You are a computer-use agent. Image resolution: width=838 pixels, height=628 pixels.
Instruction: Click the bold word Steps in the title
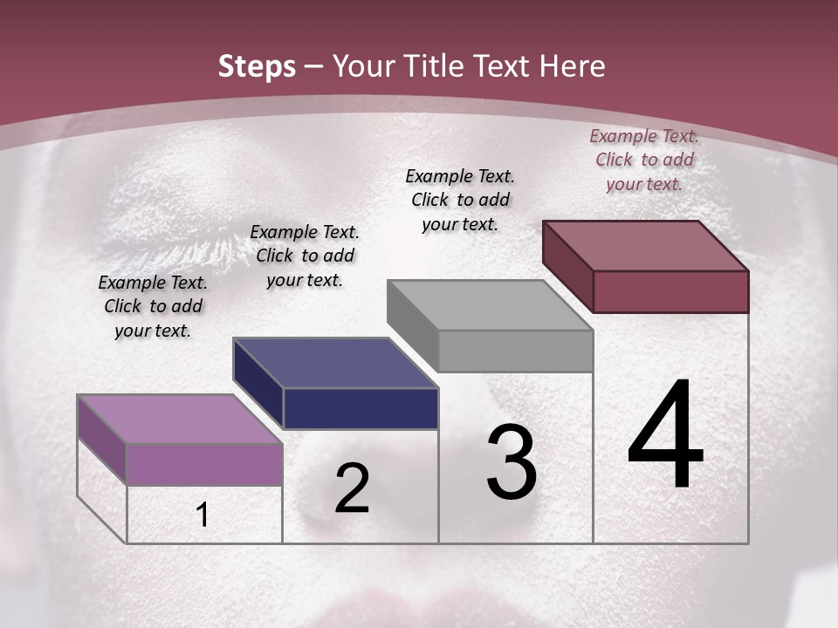click(x=257, y=66)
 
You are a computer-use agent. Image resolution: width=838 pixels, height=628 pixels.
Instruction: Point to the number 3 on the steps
click(x=512, y=462)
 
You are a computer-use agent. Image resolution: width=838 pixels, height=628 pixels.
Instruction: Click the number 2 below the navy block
click(x=352, y=489)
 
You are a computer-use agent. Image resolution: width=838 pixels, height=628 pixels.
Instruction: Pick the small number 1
click(x=203, y=515)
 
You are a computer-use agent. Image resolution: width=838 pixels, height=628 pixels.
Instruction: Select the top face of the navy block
click(x=335, y=363)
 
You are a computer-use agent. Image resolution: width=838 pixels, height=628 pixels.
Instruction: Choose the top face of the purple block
click(x=180, y=419)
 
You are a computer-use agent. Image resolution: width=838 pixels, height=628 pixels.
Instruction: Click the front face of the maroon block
click(x=670, y=291)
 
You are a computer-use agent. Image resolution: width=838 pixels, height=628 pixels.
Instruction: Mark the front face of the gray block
click(x=515, y=351)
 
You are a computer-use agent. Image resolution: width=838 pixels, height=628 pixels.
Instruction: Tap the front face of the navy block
click(x=360, y=408)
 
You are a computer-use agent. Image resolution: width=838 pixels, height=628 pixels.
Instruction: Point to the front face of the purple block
click(x=204, y=464)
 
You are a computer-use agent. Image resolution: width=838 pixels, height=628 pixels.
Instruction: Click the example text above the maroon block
click(x=644, y=160)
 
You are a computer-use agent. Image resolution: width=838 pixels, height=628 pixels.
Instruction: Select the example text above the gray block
click(x=460, y=200)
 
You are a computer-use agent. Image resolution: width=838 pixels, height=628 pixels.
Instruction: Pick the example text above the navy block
click(x=305, y=256)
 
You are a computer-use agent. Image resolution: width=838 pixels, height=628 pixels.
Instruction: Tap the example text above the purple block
click(x=153, y=306)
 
